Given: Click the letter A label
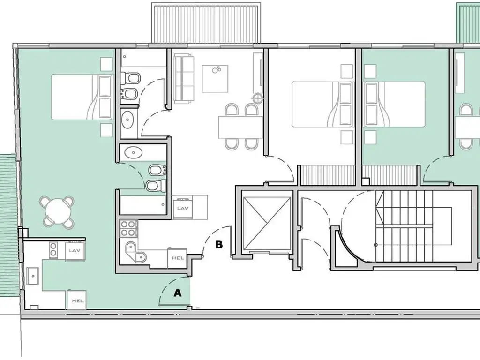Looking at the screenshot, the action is click(178, 293).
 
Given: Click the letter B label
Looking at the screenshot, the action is click(219, 245).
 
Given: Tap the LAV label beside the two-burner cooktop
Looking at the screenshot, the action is click(75, 250).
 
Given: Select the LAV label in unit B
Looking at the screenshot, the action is click(183, 208).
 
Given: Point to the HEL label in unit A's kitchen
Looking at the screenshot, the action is click(78, 300).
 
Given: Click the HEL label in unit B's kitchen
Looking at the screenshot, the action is click(178, 258).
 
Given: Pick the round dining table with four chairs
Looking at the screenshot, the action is click(57, 212).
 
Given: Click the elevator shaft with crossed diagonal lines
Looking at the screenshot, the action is click(266, 224).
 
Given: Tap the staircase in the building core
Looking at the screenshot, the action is click(404, 226).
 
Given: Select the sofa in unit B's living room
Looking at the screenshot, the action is click(184, 79).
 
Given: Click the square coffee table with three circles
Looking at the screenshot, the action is click(215, 78).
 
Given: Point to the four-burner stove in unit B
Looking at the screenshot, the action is click(128, 228).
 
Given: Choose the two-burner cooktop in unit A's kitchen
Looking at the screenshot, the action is click(53, 248).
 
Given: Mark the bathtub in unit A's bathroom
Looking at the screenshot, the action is click(143, 205).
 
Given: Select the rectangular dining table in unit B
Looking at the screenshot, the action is click(240, 127).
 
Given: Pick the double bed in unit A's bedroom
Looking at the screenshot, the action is click(82, 97).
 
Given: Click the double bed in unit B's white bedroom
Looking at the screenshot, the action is click(322, 104).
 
